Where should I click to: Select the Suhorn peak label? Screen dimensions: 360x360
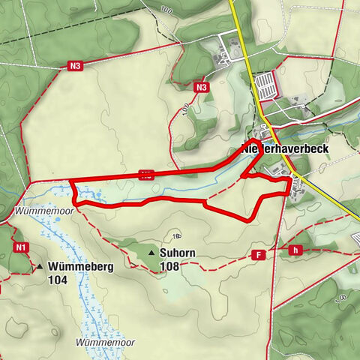point(178,253)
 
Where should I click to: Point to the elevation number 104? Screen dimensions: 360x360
point(58,280)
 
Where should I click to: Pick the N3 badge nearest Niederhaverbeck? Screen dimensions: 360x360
point(200,88)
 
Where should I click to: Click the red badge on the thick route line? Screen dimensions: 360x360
point(146,175)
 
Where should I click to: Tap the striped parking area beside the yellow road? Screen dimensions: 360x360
point(267,84)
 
